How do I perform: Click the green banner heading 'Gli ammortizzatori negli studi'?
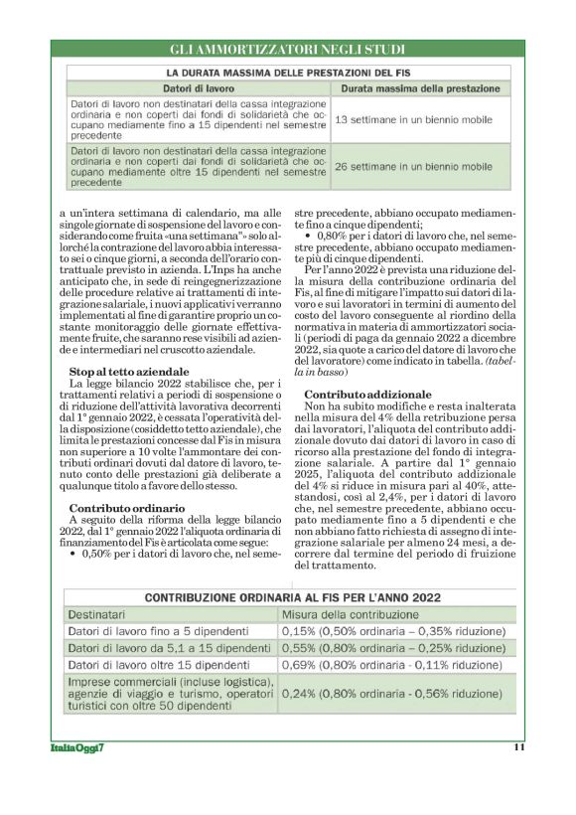pos(287,48)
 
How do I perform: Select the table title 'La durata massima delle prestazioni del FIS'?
pos(287,73)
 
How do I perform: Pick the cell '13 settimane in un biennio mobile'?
pos(414,119)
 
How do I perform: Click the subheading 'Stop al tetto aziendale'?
pos(122,372)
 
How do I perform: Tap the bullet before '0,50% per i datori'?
pos(73,555)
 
